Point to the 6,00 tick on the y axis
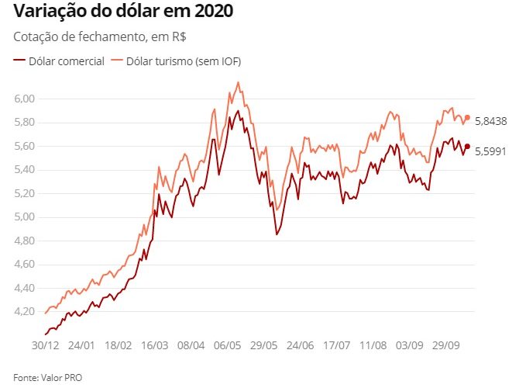(x=24, y=99)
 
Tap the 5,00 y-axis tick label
(x=24, y=217)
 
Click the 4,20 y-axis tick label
(x=24, y=312)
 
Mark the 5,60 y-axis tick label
(x=24, y=146)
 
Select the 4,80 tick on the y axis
(x=24, y=241)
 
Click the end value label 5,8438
(x=490, y=121)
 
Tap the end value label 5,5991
(x=490, y=151)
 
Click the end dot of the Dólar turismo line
(x=467, y=117)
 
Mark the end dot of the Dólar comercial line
(x=467, y=146)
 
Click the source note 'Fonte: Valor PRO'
(x=47, y=377)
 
